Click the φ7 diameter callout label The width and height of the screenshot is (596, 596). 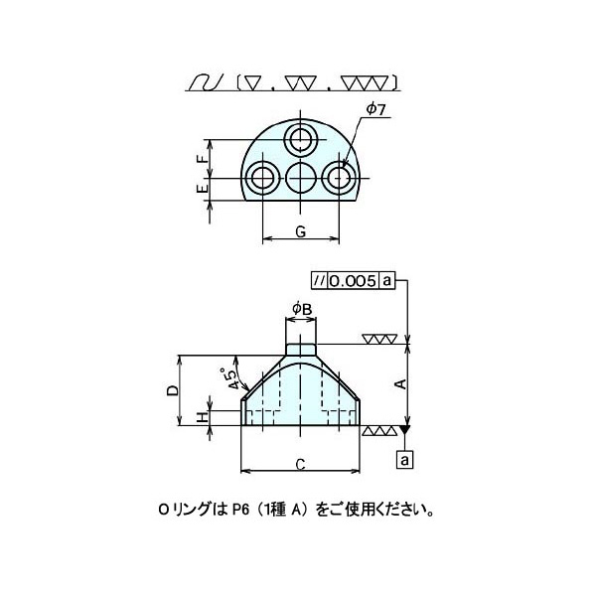tap(375, 110)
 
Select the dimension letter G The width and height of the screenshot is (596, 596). tap(300, 231)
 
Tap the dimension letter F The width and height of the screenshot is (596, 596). tap(203, 159)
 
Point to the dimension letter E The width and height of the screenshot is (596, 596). tap(203, 188)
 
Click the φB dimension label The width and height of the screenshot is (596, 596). tap(302, 309)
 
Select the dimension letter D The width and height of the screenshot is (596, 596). tap(172, 390)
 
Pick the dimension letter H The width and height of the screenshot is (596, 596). tap(204, 418)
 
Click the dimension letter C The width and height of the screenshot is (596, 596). tap(300, 464)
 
